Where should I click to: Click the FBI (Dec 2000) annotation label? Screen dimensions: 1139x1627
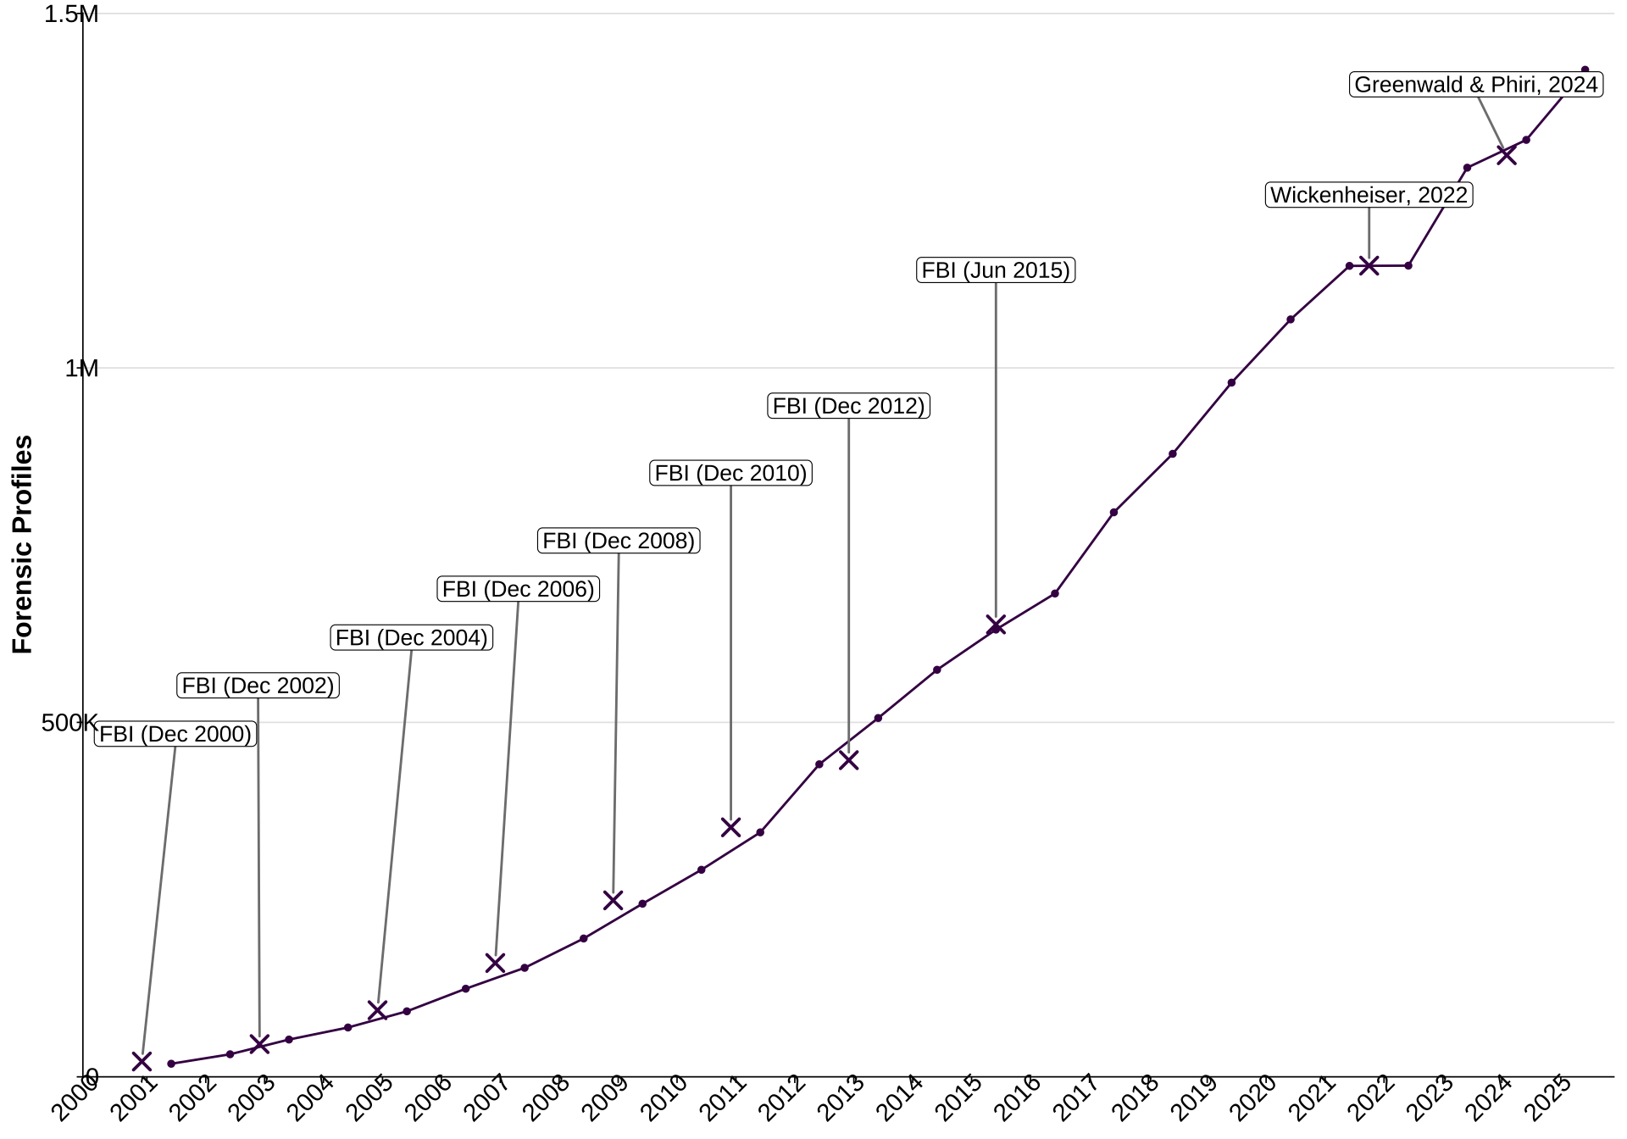175,734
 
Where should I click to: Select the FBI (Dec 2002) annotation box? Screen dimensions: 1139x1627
258,686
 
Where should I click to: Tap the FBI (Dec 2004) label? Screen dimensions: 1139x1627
412,637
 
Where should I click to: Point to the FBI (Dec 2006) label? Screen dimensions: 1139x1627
519,589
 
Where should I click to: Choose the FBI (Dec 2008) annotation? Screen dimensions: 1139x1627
619,541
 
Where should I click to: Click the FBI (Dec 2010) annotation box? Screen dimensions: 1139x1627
730,473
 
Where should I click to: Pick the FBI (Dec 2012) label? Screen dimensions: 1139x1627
848,406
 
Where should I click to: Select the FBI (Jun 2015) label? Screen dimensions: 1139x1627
996,270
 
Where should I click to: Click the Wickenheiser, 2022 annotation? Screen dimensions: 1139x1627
1369,195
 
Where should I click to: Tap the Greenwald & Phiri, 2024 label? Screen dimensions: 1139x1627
1476,85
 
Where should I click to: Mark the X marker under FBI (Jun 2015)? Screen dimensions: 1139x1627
996,625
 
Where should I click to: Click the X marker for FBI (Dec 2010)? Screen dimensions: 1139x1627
730,827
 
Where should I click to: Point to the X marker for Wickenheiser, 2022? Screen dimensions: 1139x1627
1369,266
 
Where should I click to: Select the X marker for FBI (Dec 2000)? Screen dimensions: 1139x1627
142,1061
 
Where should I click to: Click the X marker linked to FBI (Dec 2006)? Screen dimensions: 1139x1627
495,963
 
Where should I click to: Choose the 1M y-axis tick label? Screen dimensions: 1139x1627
81,369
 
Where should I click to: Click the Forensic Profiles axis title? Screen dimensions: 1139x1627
23,544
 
